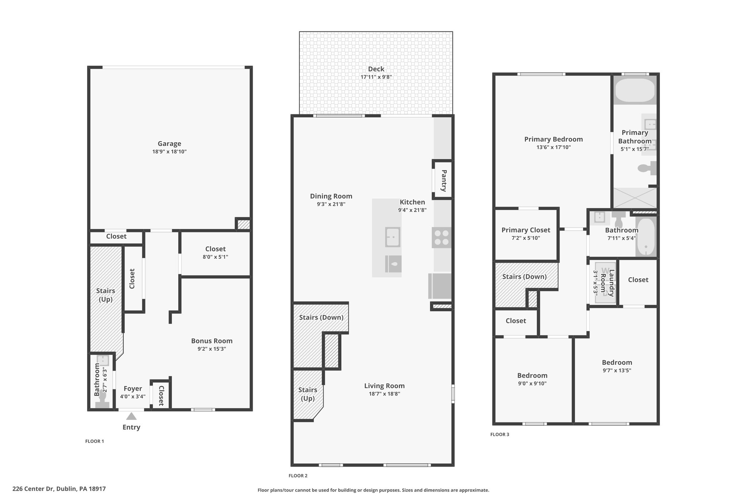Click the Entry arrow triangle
point(131,416)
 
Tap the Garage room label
point(169,144)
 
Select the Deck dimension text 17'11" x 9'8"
point(376,77)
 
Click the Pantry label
point(444,181)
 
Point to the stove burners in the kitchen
point(441,238)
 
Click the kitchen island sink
point(393,237)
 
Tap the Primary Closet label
point(526,230)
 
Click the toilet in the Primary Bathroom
point(647,168)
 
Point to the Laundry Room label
point(607,283)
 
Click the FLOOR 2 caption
point(298,476)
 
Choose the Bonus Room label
point(212,341)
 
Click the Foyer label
point(132,389)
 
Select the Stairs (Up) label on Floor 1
point(105,295)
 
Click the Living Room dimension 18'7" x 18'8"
point(384,394)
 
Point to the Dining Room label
point(331,196)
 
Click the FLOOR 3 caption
point(500,435)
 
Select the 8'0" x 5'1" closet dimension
point(216,257)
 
